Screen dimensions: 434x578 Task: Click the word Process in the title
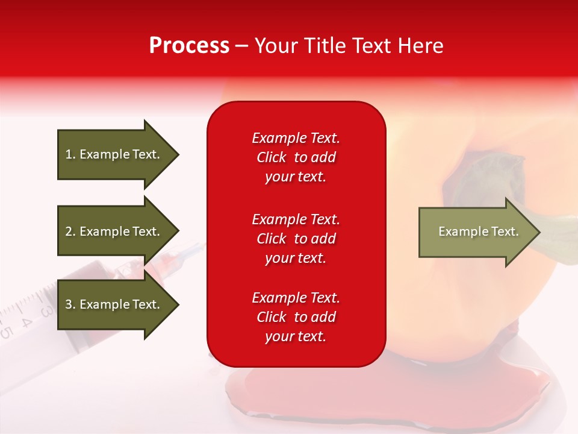coord(189,46)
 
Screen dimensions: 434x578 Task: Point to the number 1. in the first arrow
coord(70,154)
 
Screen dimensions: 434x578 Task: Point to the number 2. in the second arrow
coord(70,231)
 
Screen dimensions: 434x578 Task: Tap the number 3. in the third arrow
coord(70,304)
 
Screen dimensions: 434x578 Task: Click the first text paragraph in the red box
coord(296,157)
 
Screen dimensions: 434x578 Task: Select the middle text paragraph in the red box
coord(296,239)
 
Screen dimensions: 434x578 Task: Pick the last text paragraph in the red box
coord(296,317)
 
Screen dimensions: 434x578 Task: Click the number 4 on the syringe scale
coord(26,321)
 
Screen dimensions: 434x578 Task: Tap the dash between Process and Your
coord(242,46)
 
